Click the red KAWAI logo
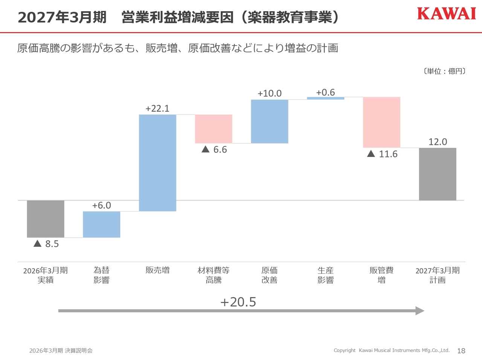tap(447, 14)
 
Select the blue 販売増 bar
tap(157, 163)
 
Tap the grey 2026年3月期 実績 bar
tap(46, 219)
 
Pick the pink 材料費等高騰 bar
tap(214, 129)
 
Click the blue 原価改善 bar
tap(270, 121)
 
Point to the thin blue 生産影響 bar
tap(326, 99)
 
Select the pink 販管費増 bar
tap(382, 122)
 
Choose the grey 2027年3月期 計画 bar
tap(438, 174)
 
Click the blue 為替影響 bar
tap(102, 224)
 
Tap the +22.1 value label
tap(157, 109)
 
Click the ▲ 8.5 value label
tap(46, 244)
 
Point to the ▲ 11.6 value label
tap(382, 154)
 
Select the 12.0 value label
tap(438, 142)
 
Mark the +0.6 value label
tap(325, 93)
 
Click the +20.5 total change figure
tap(238, 302)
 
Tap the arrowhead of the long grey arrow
tap(420, 311)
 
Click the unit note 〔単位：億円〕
tap(444, 71)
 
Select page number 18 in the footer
tap(461, 351)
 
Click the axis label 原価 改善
tap(270, 275)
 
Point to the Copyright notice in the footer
tap(392, 350)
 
